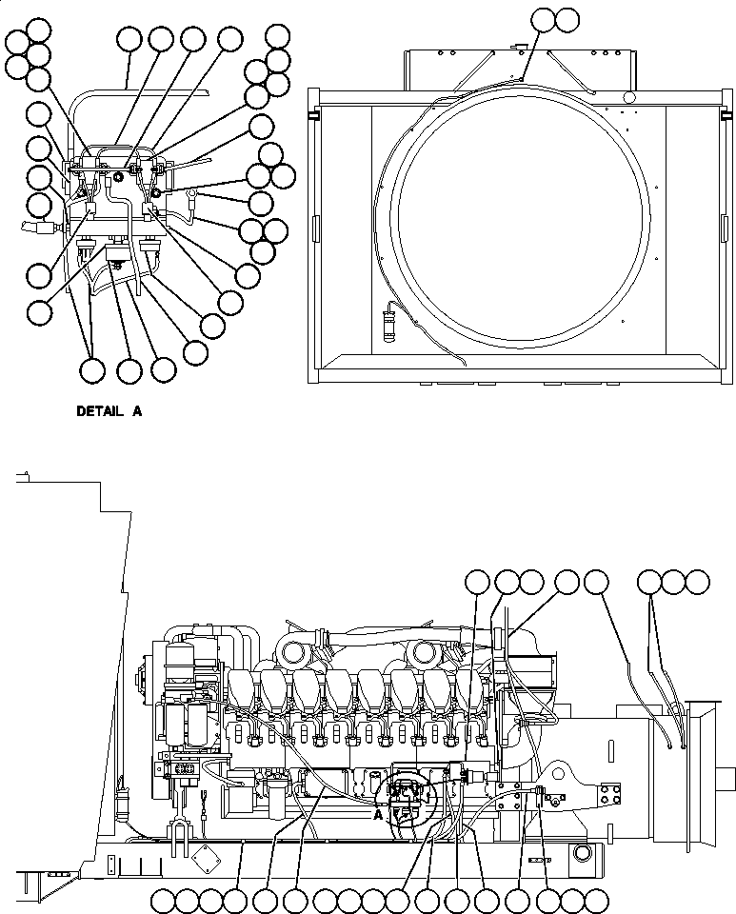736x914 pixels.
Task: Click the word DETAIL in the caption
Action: coord(99,412)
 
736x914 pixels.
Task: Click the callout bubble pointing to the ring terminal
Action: coord(260,202)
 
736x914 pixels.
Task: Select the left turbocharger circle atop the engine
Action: coord(291,653)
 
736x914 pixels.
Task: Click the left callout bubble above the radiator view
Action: coord(543,18)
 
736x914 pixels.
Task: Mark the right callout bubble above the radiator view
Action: coord(567,18)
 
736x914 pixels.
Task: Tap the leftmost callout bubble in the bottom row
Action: coord(163,899)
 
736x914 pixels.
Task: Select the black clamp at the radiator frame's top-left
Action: coord(313,116)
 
